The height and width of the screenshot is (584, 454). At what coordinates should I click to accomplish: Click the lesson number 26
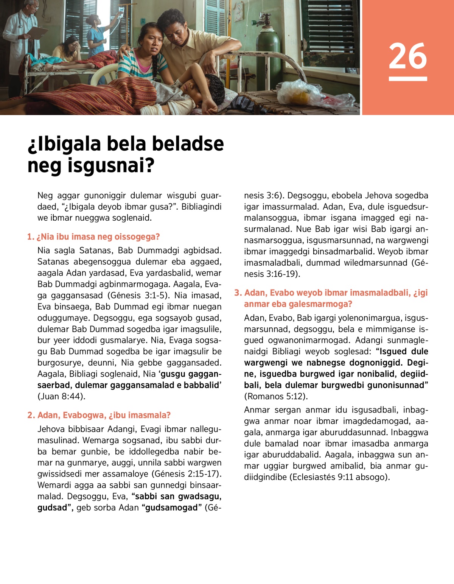coord(407,56)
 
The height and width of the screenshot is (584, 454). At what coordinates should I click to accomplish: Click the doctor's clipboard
coord(37,32)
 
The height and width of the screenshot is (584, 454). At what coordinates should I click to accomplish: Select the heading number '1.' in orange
coord(31,237)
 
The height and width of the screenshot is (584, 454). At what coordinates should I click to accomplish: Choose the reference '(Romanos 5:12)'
coord(276,397)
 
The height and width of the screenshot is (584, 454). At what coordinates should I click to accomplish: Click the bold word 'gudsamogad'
coord(171,508)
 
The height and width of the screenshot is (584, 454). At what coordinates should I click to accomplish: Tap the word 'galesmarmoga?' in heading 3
coord(317,304)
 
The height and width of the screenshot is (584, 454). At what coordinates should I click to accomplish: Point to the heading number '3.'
coord(238,293)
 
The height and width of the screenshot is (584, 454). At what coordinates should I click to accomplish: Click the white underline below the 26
coord(407,79)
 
